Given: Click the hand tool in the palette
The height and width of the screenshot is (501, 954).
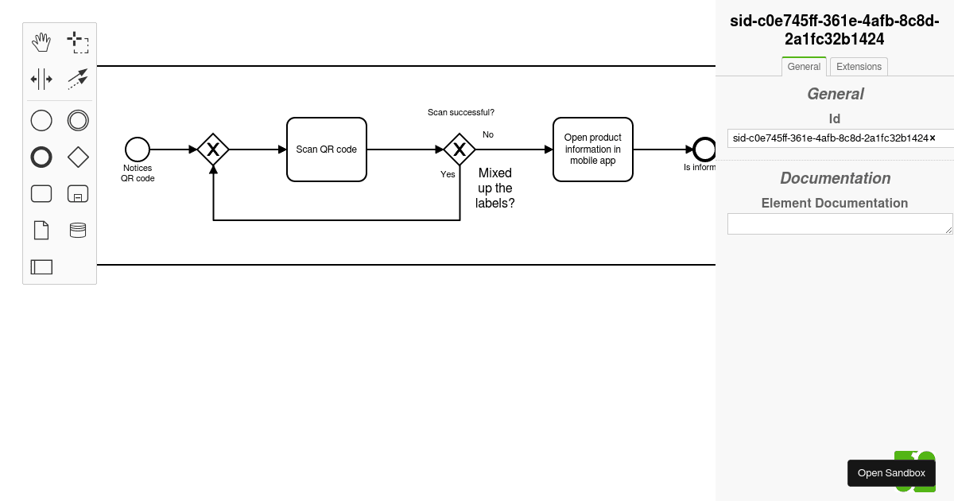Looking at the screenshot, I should click(41, 42).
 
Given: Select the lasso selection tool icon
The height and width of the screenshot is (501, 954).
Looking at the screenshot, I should click(78, 42).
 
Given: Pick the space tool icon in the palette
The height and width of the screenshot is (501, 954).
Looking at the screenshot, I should click(41, 79).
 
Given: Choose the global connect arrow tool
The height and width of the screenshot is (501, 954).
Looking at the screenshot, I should click(78, 79).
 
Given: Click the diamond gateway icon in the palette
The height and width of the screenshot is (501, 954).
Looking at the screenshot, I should click(78, 157).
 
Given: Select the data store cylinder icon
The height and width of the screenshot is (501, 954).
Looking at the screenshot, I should click(78, 230).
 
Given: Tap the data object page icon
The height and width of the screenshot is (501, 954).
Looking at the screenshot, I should click(41, 230).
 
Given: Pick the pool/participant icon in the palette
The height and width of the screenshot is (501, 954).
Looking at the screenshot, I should click(41, 267).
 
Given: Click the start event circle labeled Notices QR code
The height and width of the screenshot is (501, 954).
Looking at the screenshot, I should click(138, 150).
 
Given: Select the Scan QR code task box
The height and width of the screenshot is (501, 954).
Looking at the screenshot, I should click(327, 150).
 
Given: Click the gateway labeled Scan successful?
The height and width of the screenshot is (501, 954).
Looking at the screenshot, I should click(460, 150).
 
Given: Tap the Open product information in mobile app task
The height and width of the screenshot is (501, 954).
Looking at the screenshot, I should click(593, 150).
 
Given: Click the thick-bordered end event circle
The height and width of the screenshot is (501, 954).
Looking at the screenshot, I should click(704, 150).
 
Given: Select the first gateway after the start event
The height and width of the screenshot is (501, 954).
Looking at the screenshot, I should click(213, 150).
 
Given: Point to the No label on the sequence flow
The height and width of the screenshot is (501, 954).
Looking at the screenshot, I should click(488, 134).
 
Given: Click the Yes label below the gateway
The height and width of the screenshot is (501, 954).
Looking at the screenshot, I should click(448, 174).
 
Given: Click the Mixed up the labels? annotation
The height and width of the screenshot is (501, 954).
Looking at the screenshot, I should click(495, 188).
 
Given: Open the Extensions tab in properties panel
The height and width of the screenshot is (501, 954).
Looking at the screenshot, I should click(859, 67).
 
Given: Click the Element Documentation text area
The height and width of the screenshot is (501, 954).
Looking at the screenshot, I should click(840, 223).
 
